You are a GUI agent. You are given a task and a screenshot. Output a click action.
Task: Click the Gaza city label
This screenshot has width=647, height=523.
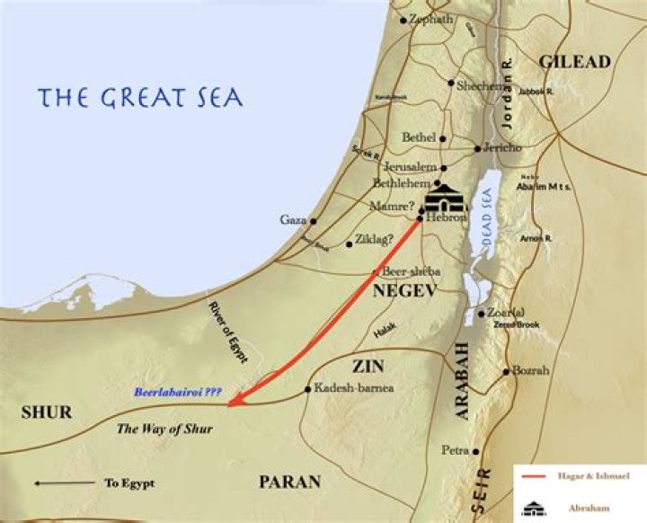[292, 220]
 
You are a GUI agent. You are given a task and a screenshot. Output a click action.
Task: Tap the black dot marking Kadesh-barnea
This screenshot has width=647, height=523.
[308, 389]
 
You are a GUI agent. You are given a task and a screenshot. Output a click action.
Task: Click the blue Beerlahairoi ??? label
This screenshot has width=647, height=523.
[177, 393]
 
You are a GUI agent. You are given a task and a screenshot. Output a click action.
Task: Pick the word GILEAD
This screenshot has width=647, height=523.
[574, 62]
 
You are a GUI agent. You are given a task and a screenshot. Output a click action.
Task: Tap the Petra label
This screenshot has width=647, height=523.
[456, 449]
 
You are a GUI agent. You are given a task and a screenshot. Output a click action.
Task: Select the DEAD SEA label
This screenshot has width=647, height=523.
[486, 216]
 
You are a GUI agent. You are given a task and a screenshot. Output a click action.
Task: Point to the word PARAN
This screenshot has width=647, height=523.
[289, 483]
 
